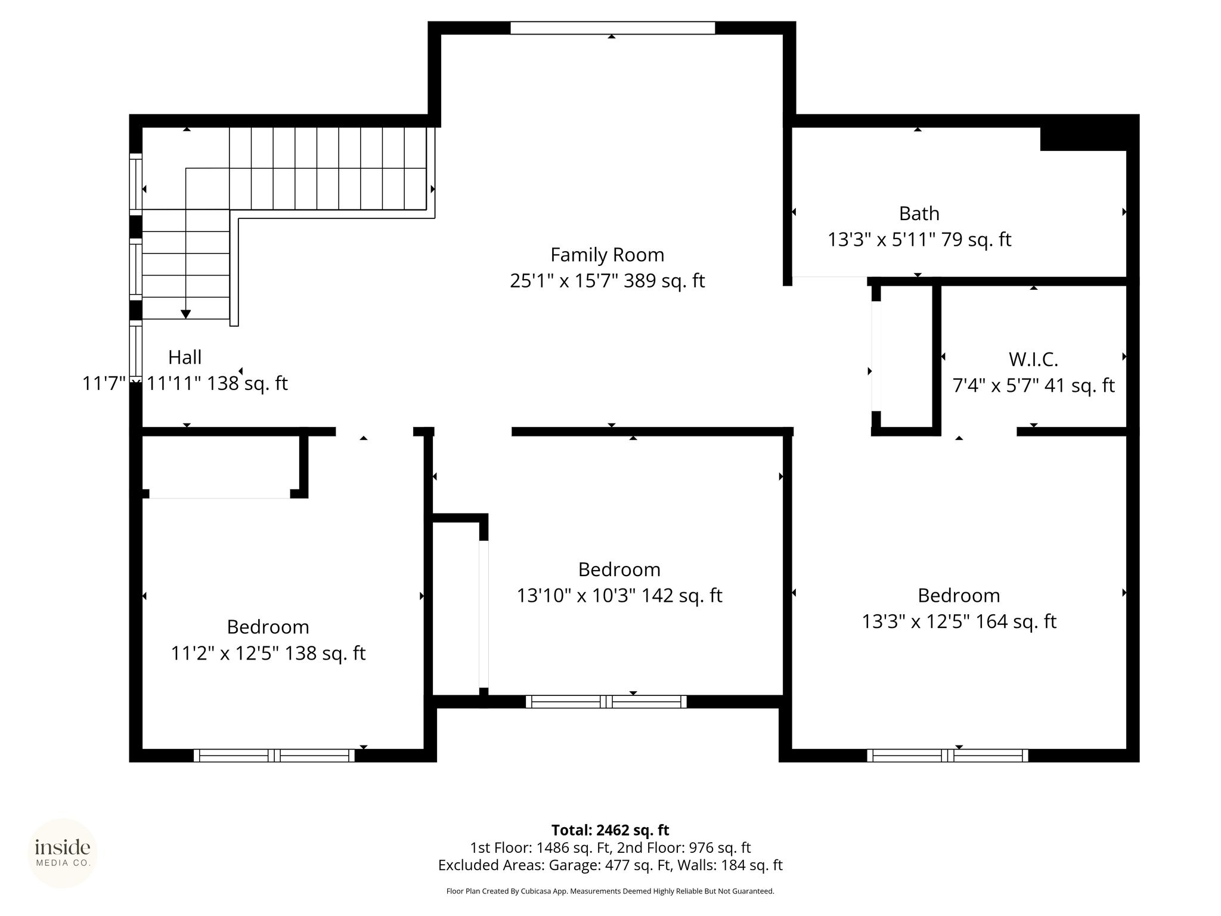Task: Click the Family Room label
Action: click(x=607, y=255)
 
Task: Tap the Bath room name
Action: click(x=919, y=213)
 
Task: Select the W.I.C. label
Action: click(x=1033, y=359)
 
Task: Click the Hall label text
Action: click(x=185, y=357)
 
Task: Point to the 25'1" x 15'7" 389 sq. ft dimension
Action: click(x=607, y=281)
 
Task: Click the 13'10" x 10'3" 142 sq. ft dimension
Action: click(x=619, y=596)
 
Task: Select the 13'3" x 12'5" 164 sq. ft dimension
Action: click(x=959, y=622)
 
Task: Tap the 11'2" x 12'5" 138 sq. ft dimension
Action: click(x=268, y=654)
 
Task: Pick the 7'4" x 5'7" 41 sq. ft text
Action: click(x=1033, y=386)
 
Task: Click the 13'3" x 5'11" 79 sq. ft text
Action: click(x=919, y=240)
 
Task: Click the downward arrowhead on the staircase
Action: click(x=186, y=314)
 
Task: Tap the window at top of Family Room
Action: click(x=612, y=27)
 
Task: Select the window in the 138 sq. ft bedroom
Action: click(x=274, y=756)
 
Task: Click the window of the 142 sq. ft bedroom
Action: click(x=606, y=701)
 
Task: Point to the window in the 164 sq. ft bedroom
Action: click(x=947, y=756)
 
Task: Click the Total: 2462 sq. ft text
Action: click(x=610, y=830)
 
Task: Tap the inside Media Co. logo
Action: click(x=63, y=853)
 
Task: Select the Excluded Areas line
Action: click(x=610, y=865)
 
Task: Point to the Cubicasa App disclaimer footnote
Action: click(x=610, y=892)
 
